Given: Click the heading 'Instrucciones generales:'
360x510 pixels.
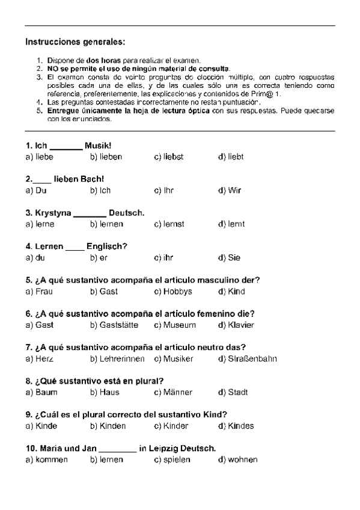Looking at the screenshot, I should click(x=76, y=42).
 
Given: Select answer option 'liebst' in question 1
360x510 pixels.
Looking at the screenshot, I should click(x=173, y=157).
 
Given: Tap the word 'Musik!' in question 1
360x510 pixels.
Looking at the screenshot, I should click(x=98, y=146).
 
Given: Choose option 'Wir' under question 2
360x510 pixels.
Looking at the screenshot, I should click(x=234, y=191).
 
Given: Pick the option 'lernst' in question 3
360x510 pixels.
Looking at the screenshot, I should click(x=174, y=224).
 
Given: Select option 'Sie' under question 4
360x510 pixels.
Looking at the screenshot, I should click(x=234, y=258).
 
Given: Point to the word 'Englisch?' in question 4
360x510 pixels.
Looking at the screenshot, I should click(x=107, y=247).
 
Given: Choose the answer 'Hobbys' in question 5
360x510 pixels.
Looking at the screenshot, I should click(x=177, y=292).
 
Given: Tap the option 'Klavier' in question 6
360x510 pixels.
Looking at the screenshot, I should click(x=240, y=325).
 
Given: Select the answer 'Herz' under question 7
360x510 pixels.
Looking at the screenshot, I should click(x=44, y=359).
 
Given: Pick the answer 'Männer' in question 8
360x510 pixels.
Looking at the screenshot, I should click(x=177, y=393).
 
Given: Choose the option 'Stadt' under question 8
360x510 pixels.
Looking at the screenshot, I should click(x=237, y=393).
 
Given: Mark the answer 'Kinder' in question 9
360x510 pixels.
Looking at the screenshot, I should click(x=175, y=426).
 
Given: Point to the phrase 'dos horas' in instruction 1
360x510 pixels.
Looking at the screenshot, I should click(x=104, y=61).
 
